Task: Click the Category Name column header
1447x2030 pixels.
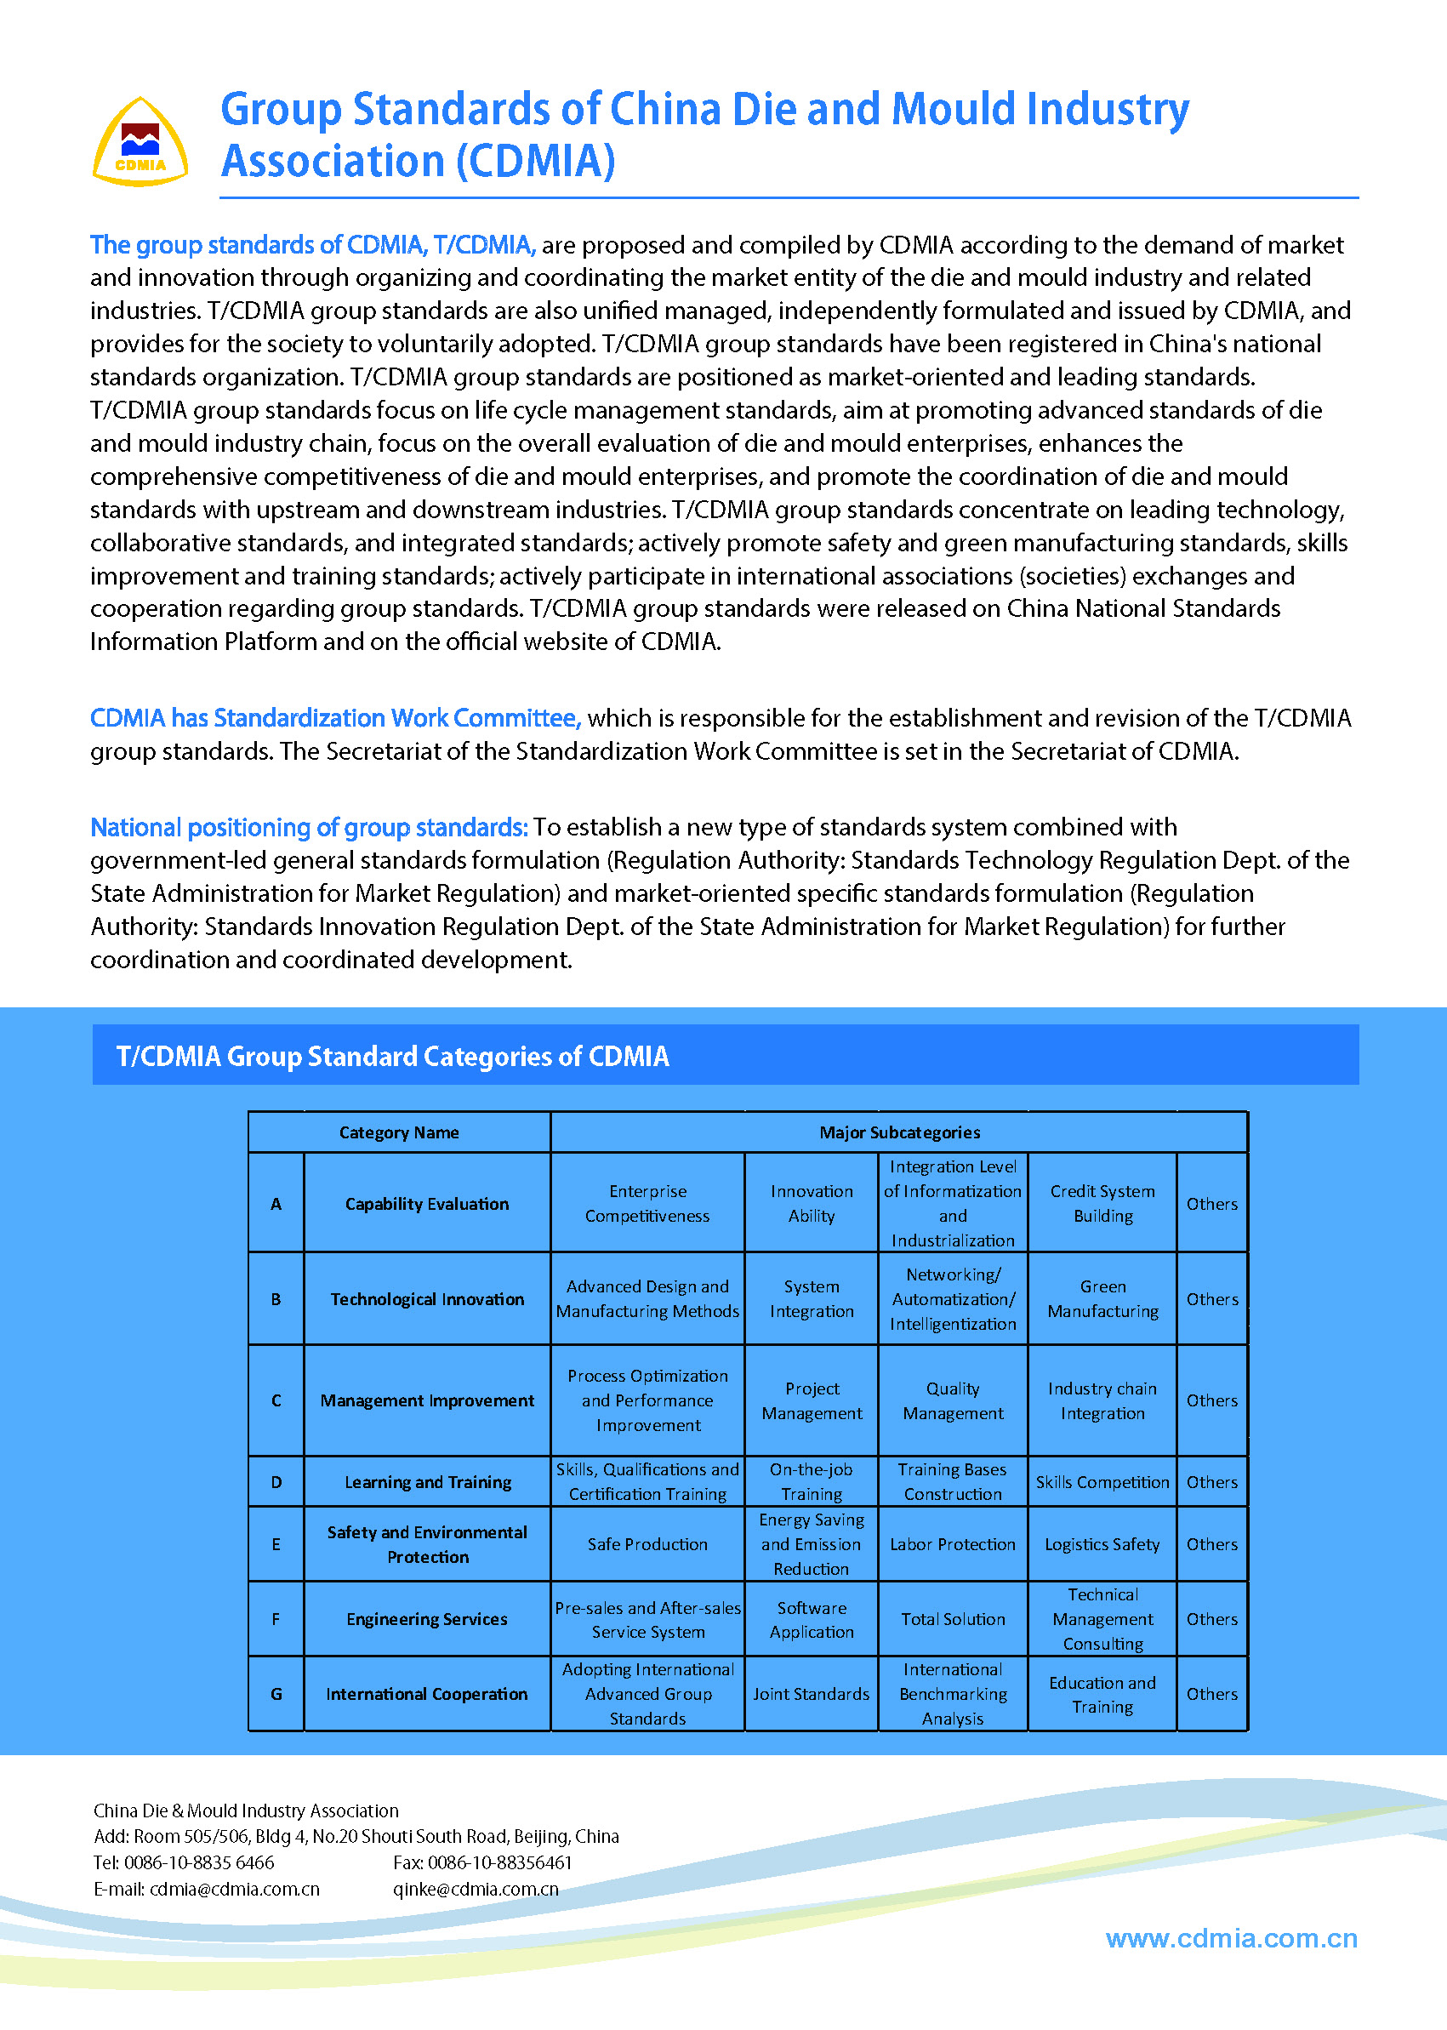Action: click(x=398, y=1132)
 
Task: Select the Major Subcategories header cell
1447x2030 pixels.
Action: click(x=899, y=1132)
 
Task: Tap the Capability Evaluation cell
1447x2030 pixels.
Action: click(x=427, y=1204)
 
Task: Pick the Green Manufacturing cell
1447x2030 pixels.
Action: click(x=1102, y=1299)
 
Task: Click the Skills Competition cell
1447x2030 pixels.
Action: click(x=1102, y=1482)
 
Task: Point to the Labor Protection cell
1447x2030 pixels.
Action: click(x=953, y=1544)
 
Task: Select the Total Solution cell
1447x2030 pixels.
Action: click(x=953, y=1619)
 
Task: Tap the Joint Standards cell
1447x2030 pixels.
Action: click(x=811, y=1694)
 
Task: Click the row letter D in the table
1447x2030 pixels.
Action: click(x=276, y=1482)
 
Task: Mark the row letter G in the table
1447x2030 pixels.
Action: click(x=276, y=1694)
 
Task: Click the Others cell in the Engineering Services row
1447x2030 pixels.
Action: click(x=1211, y=1619)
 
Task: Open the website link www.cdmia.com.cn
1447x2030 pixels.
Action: click(x=1232, y=1938)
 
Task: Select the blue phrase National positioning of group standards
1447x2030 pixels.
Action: click(x=309, y=828)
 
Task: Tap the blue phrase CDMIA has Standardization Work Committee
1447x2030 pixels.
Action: click(x=335, y=718)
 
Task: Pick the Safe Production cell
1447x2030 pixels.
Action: click(x=647, y=1544)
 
